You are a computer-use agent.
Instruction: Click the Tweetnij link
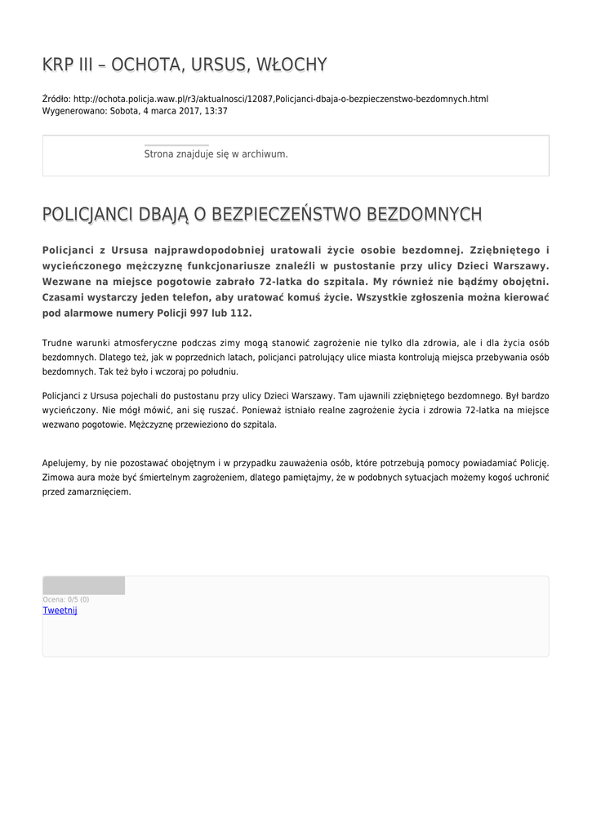pos(60,611)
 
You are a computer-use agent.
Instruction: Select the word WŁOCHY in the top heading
pos(292,64)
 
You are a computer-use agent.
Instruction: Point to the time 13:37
pos(216,111)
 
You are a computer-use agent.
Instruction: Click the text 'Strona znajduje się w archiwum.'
pos(216,153)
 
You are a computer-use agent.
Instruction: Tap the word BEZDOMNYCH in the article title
pos(425,214)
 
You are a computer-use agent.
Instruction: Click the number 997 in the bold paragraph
pos(198,313)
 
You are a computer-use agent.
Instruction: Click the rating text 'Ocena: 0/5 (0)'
pos(66,599)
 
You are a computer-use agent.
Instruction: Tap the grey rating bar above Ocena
pos(83,585)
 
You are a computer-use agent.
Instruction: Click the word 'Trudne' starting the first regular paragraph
pos(57,342)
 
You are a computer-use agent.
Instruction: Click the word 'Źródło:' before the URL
pos(56,99)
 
